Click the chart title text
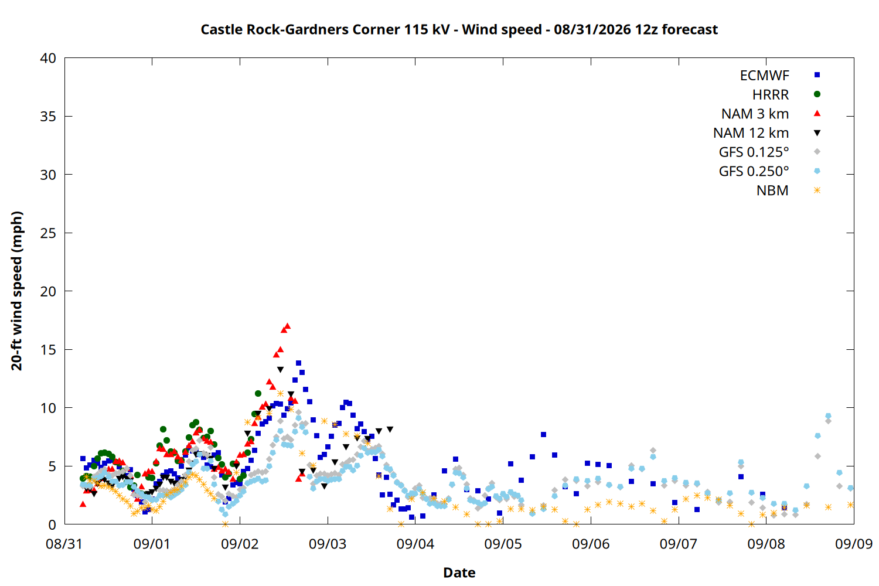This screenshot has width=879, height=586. [x=459, y=29]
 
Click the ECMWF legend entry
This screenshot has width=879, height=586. [x=764, y=76]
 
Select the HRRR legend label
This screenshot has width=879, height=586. [x=771, y=94]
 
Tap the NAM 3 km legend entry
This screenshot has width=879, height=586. [x=755, y=114]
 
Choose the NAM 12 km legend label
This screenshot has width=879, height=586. [x=751, y=133]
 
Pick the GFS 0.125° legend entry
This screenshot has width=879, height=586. [x=754, y=152]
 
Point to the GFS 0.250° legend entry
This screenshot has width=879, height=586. [x=754, y=171]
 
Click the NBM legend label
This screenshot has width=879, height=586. [x=773, y=190]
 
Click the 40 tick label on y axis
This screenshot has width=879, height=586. [x=48, y=58]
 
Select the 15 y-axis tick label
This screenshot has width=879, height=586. [x=48, y=350]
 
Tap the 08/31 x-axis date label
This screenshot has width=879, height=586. [x=64, y=544]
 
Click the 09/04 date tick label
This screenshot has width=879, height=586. [x=415, y=544]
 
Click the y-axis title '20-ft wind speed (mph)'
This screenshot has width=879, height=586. [x=16, y=291]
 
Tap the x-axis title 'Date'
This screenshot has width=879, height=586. [x=459, y=573]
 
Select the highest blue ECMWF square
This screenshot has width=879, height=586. [x=298, y=363]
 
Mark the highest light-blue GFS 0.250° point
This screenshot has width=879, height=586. [x=828, y=415]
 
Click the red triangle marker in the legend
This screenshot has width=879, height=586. [x=817, y=114]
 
